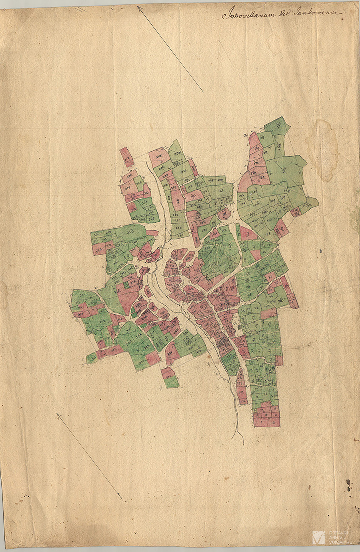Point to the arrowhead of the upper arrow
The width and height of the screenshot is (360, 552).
click(139, 8)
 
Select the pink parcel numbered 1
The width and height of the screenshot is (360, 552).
click(261, 423)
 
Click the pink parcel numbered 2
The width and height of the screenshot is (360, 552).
click(274, 423)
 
